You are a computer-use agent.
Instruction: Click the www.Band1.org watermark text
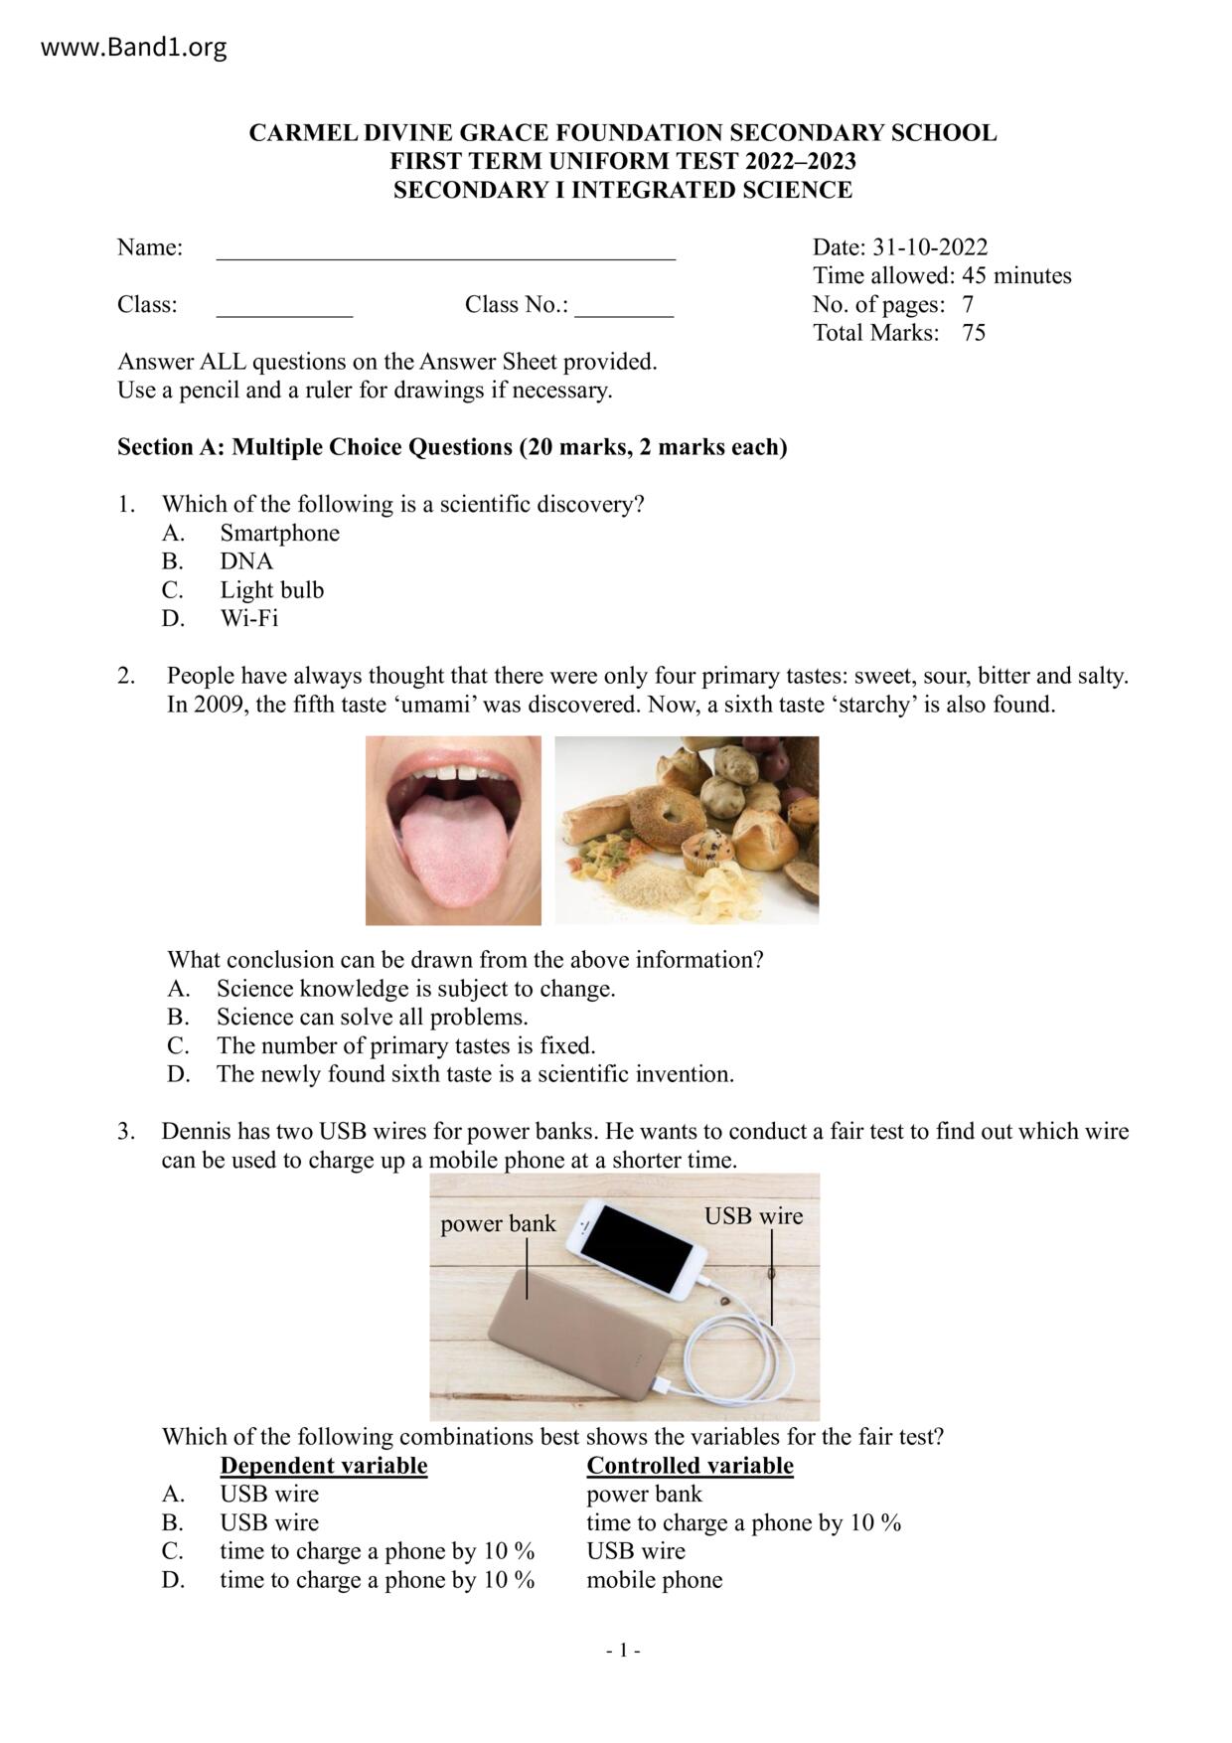(x=133, y=48)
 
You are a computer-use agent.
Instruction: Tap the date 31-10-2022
(x=929, y=247)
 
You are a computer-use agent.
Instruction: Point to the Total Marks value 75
(x=974, y=333)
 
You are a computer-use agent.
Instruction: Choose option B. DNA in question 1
(x=245, y=561)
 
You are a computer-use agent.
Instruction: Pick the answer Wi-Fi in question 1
(x=248, y=619)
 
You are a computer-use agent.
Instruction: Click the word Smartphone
(x=279, y=534)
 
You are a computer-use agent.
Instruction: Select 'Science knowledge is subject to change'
(x=415, y=989)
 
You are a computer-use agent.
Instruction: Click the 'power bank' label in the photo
(x=498, y=1223)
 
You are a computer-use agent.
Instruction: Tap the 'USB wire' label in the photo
(x=753, y=1215)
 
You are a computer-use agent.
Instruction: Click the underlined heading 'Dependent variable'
(x=323, y=1466)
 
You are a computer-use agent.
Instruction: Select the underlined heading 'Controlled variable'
(x=690, y=1466)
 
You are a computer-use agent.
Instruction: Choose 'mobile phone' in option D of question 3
(x=654, y=1580)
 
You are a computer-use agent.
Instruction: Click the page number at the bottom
(x=623, y=1651)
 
